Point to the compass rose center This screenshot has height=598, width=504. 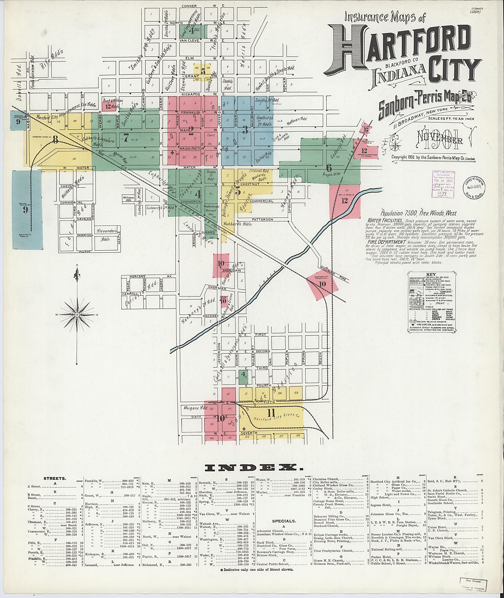[77, 315]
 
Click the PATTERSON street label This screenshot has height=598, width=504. [263, 220]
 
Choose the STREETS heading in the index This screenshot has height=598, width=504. [55, 478]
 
